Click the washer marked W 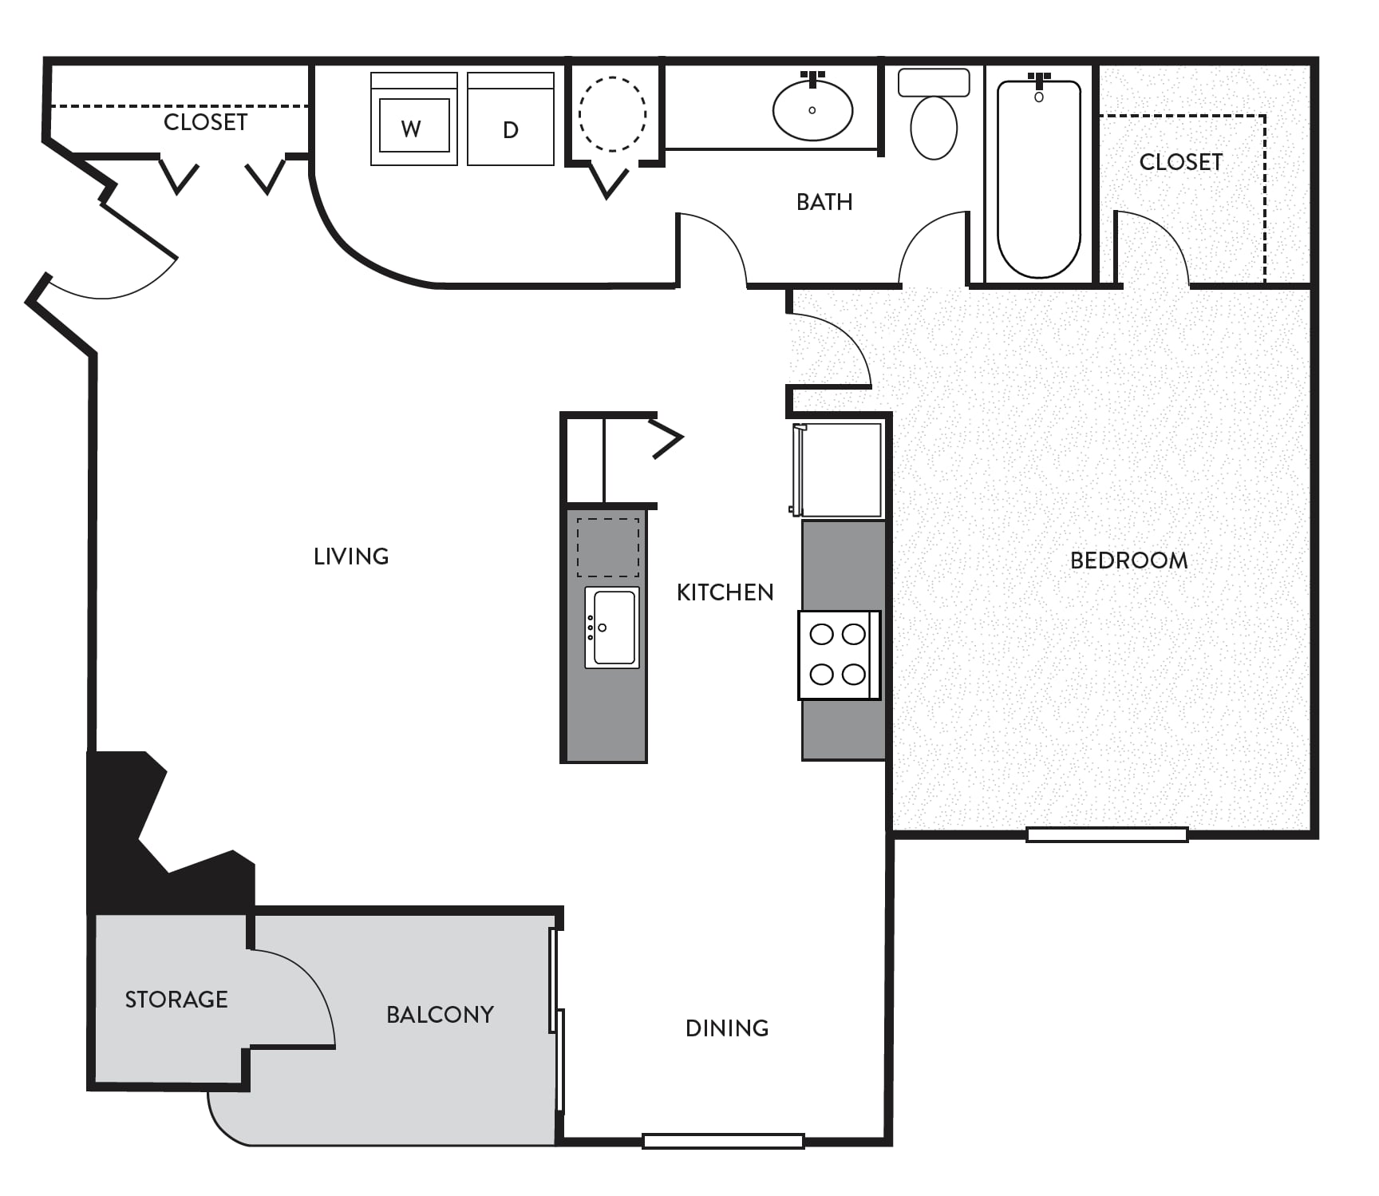tap(414, 119)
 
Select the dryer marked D tap(511, 119)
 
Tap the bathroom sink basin tap(812, 109)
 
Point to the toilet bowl tap(934, 127)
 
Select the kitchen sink tap(612, 628)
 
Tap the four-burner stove tap(840, 655)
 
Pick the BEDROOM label tap(1128, 560)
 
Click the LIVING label tap(351, 556)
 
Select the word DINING tap(727, 1028)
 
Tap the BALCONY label tap(440, 1015)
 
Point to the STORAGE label tap(176, 1000)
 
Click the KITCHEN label tap(725, 592)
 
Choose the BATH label tap(824, 202)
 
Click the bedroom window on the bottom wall tap(1107, 835)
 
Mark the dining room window tap(723, 1142)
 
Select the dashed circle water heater tap(612, 114)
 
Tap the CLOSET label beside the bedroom tap(1180, 162)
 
